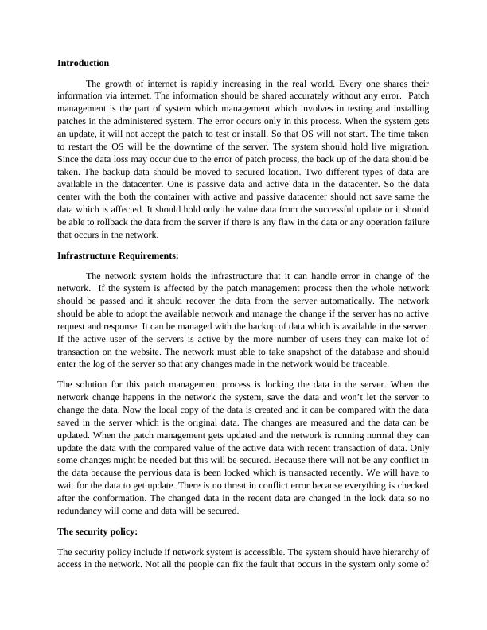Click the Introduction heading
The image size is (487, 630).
[x=84, y=62]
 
